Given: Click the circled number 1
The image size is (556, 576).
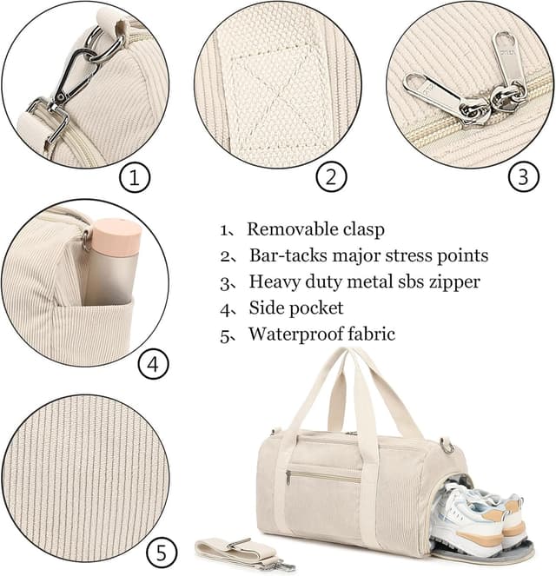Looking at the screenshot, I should pos(134,179).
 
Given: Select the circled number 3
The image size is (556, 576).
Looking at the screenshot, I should pos(522,177).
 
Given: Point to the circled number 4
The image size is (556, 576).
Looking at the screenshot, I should pos(153,365).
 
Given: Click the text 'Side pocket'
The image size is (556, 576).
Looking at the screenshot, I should pos(296,308).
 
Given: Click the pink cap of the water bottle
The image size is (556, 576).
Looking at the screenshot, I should pos(114,236).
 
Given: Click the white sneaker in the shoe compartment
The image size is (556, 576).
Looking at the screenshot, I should pos(473,513).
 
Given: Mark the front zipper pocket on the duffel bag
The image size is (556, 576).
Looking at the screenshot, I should pos(321,475).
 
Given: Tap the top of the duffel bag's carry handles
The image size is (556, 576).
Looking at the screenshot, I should pos(357,356).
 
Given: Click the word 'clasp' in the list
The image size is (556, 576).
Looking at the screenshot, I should pos(364,230).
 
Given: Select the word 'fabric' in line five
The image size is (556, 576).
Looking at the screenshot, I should pos(370,334).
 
